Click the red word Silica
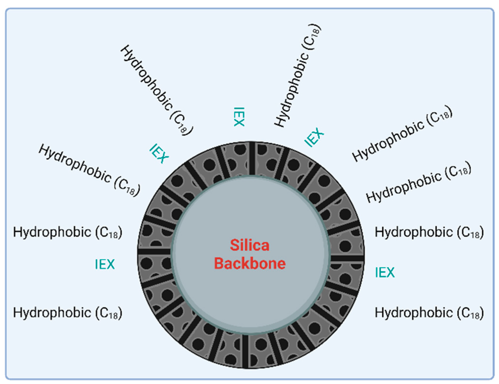[x=249, y=245]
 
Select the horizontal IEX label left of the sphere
[x=105, y=264]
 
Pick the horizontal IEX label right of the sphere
[x=385, y=272]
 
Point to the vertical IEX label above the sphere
[x=238, y=116]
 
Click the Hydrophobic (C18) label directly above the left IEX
[x=68, y=232]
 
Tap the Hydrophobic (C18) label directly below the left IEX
[x=68, y=313]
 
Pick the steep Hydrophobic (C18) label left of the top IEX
[x=157, y=90]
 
